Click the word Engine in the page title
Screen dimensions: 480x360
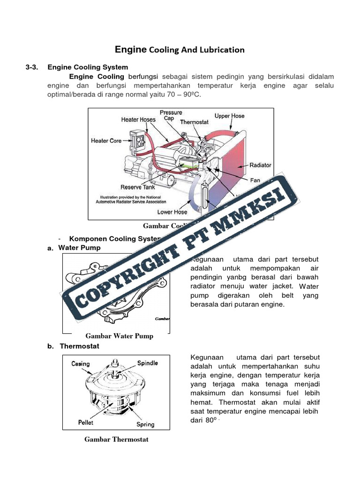[131, 49]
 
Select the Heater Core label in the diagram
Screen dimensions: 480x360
[106, 141]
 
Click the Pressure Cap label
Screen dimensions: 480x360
[171, 115]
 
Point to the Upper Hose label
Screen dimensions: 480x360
[229, 116]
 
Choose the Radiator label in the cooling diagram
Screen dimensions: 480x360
[260, 165]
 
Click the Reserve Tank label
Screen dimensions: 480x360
[138, 187]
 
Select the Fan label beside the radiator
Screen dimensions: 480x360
[255, 180]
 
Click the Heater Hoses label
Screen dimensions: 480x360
[138, 120]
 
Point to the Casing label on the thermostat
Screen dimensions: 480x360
[81, 364]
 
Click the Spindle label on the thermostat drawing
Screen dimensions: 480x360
[148, 363]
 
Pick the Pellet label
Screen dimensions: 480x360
[86, 422]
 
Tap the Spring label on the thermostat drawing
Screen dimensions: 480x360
[145, 424]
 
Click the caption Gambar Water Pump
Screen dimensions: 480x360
[119, 336]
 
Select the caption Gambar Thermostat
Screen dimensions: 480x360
[116, 439]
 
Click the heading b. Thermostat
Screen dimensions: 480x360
[79, 346]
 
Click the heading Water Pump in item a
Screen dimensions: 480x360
[79, 247]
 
